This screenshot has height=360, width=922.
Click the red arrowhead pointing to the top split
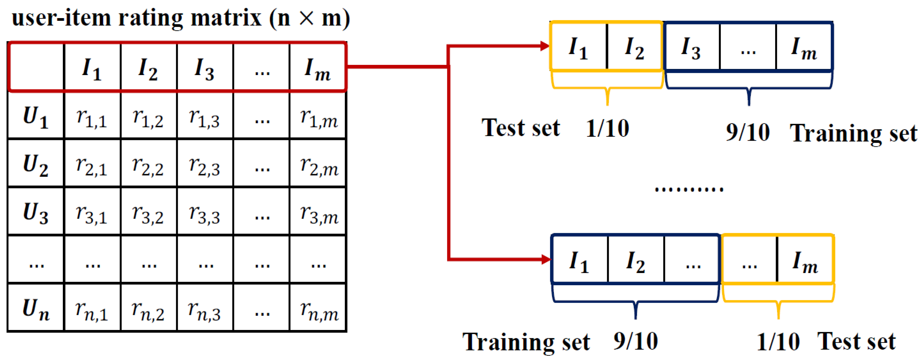pyautogui.click(x=545, y=46)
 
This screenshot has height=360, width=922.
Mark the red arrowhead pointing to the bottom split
pyautogui.click(x=546, y=259)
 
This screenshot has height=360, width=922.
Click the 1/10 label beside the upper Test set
pyautogui.click(x=608, y=128)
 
